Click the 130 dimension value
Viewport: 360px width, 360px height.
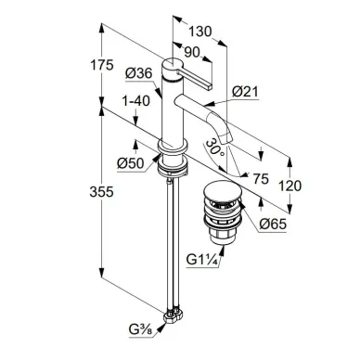pyautogui.click(x=200, y=32)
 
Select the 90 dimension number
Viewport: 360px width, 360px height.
pyautogui.click(x=192, y=52)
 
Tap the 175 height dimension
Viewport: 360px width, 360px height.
pyautogui.click(x=102, y=65)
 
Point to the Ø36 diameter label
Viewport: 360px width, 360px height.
pyautogui.click(x=139, y=73)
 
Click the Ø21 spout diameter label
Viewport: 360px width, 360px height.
pyautogui.click(x=245, y=92)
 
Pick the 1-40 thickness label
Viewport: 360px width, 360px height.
pyautogui.click(x=136, y=101)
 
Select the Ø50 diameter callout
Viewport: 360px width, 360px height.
pyautogui.click(x=131, y=163)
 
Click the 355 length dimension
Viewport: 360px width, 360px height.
pyautogui.click(x=101, y=192)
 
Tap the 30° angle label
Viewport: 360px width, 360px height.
pyautogui.click(x=214, y=148)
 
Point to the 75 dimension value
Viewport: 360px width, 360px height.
pyautogui.click(x=261, y=179)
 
